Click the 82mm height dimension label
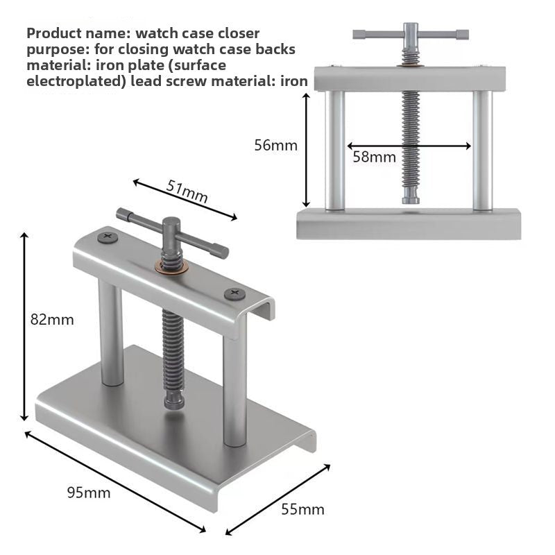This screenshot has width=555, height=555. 52,320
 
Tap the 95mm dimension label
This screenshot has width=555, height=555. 89,493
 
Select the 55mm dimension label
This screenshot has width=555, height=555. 302,509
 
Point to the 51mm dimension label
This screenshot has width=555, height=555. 187,191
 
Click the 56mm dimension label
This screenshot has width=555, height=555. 276,146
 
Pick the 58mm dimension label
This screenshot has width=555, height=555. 375,157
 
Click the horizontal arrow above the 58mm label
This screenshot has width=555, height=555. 409,146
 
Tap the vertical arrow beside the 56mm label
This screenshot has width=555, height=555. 307,150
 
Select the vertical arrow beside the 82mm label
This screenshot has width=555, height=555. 24,326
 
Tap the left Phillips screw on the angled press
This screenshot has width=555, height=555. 108,236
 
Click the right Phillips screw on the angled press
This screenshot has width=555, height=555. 234,293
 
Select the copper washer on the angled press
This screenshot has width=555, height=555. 171,267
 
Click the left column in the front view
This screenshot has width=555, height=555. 335,151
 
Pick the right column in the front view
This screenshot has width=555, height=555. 482,151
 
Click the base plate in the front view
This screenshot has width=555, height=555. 409,223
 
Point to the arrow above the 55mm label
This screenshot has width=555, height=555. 278,499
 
